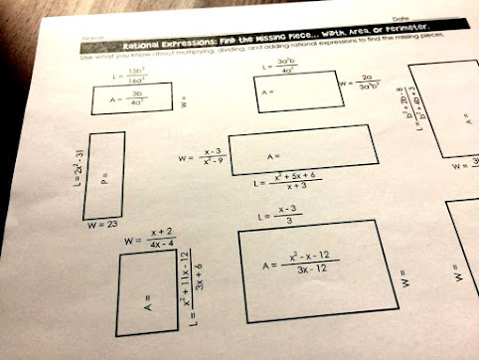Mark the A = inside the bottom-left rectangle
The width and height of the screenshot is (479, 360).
click(145, 298)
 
